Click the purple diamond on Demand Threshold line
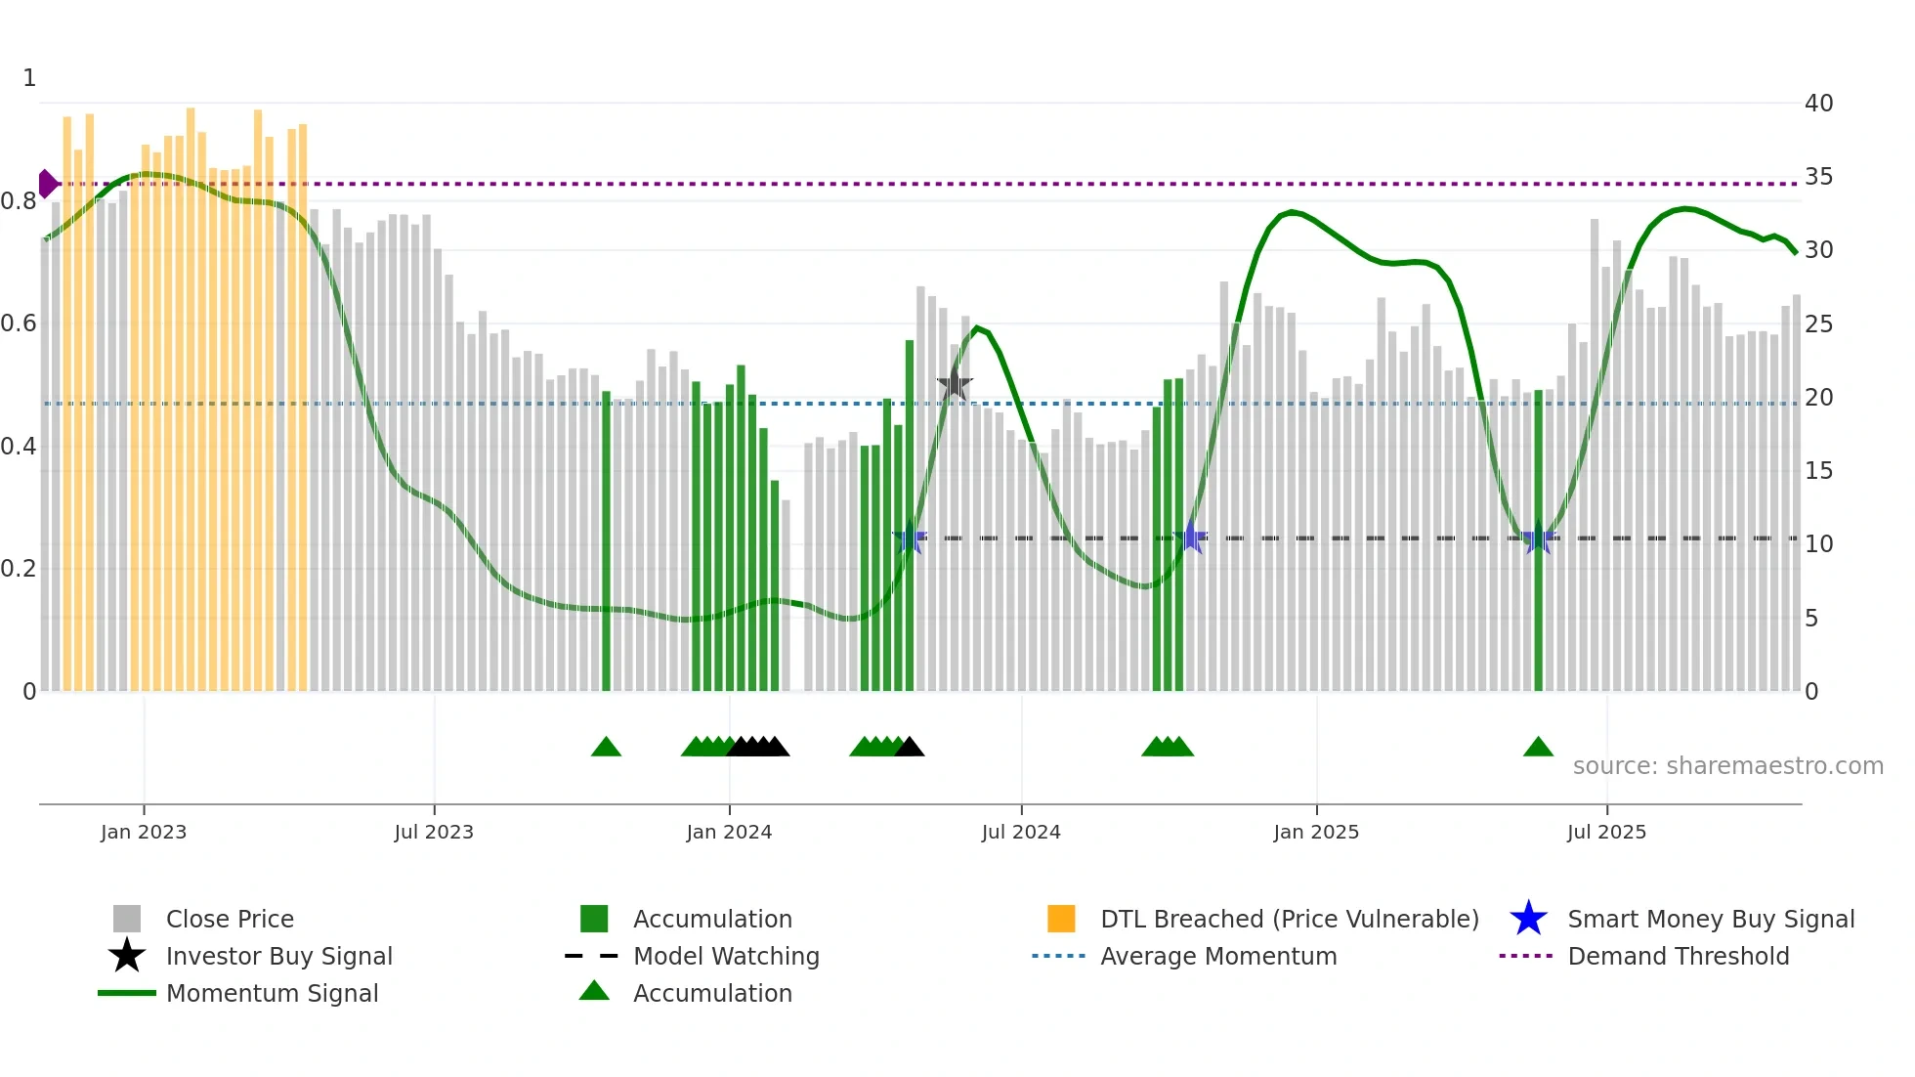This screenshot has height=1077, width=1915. pyautogui.click(x=47, y=184)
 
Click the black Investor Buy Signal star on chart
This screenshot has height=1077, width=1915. pyautogui.click(x=955, y=385)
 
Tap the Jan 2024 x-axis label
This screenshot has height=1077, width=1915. pyautogui.click(x=729, y=832)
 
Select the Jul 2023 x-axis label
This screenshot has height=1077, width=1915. pyautogui.click(x=434, y=832)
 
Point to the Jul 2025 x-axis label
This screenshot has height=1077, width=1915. pyautogui.click(x=1606, y=832)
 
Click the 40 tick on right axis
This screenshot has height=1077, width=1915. pyautogui.click(x=1818, y=103)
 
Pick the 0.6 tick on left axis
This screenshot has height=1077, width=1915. pyautogui.click(x=19, y=323)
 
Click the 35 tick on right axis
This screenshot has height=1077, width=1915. pyautogui.click(x=1818, y=177)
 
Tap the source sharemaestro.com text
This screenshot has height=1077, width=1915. pyautogui.click(x=1727, y=766)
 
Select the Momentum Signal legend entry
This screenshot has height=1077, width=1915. pyautogui.click(x=272, y=993)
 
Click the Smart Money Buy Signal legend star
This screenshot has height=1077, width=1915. pyautogui.click(x=1528, y=919)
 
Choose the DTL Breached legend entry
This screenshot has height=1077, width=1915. pyautogui.click(x=1289, y=919)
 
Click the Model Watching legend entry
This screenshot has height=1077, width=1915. pyautogui.click(x=725, y=956)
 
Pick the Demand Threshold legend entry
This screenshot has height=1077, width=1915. pyautogui.click(x=1678, y=956)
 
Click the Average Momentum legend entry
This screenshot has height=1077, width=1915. pyautogui.click(x=1217, y=956)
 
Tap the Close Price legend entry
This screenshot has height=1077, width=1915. pyautogui.click(x=230, y=919)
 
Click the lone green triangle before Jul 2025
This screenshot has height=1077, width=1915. pyautogui.click(x=1538, y=748)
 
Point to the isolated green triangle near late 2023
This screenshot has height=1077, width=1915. pyautogui.click(x=606, y=748)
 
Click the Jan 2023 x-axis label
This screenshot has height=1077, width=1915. pyautogui.click(x=144, y=832)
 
